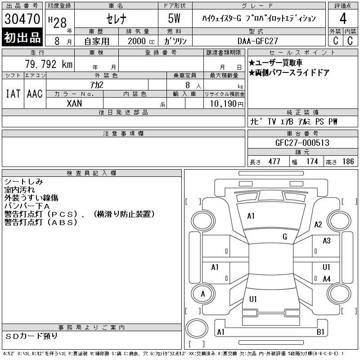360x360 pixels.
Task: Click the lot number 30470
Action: (x=22, y=19)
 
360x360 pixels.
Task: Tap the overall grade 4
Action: (x=343, y=18)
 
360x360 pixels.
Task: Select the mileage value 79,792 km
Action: (x=49, y=64)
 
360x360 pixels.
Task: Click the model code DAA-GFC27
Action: (x=257, y=41)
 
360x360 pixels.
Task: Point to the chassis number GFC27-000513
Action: (x=302, y=143)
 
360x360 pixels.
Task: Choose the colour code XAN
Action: (x=74, y=103)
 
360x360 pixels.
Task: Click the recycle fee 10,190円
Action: (x=227, y=103)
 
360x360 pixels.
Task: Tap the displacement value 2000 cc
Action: (x=141, y=41)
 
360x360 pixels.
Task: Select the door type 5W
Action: (x=174, y=18)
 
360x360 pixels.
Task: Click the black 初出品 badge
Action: (x=22, y=37)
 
